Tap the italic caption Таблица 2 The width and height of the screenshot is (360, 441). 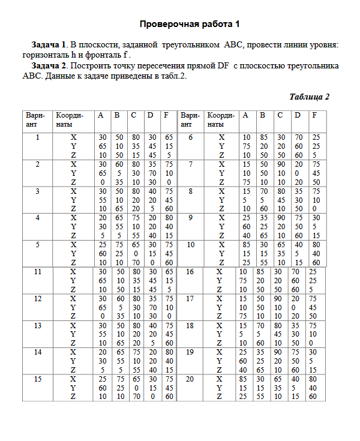(309, 97)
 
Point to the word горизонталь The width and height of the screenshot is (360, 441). (46, 55)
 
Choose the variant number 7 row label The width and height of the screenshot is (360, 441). (190, 164)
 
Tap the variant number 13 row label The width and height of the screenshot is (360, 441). (37, 325)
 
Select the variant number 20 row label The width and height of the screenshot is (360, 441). (190, 379)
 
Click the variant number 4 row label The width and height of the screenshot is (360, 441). (37, 218)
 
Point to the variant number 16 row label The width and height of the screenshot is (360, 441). (190, 271)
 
